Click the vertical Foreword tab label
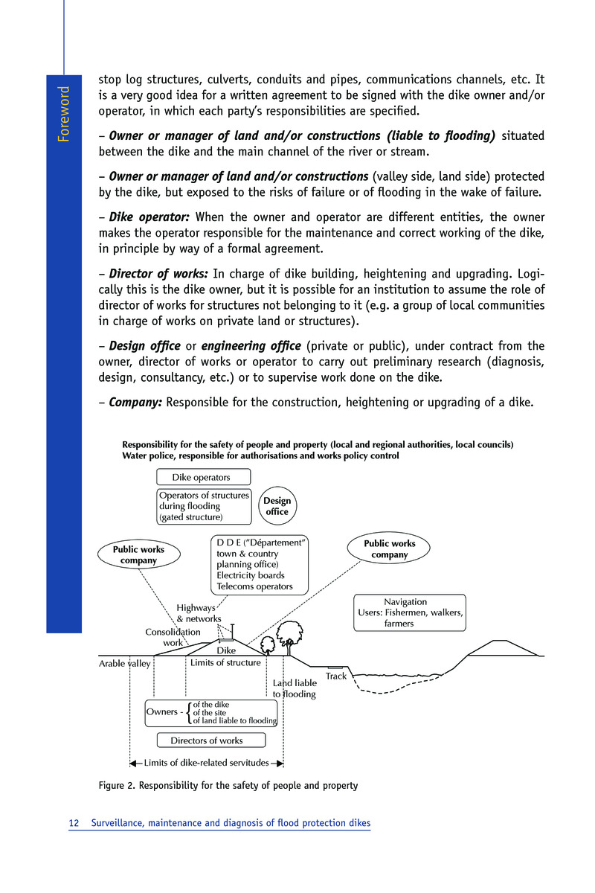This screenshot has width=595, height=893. (65, 115)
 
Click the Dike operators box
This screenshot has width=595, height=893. (203, 477)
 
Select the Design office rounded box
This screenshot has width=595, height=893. (277, 506)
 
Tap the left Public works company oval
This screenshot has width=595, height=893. (138, 555)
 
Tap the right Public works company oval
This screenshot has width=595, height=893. (390, 549)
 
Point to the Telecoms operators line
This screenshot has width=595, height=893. (254, 586)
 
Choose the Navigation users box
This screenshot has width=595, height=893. (410, 612)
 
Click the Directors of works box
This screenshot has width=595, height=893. (207, 740)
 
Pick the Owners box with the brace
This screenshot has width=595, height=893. (211, 713)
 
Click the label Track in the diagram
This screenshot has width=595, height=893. (336, 676)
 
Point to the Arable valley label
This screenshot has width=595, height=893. (125, 663)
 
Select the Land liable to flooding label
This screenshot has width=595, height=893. (295, 688)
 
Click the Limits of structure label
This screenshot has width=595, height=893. (225, 662)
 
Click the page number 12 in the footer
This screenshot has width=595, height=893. (74, 823)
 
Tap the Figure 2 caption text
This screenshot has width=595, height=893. (228, 785)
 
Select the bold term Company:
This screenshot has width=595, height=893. (135, 403)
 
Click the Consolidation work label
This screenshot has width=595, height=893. (173, 637)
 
